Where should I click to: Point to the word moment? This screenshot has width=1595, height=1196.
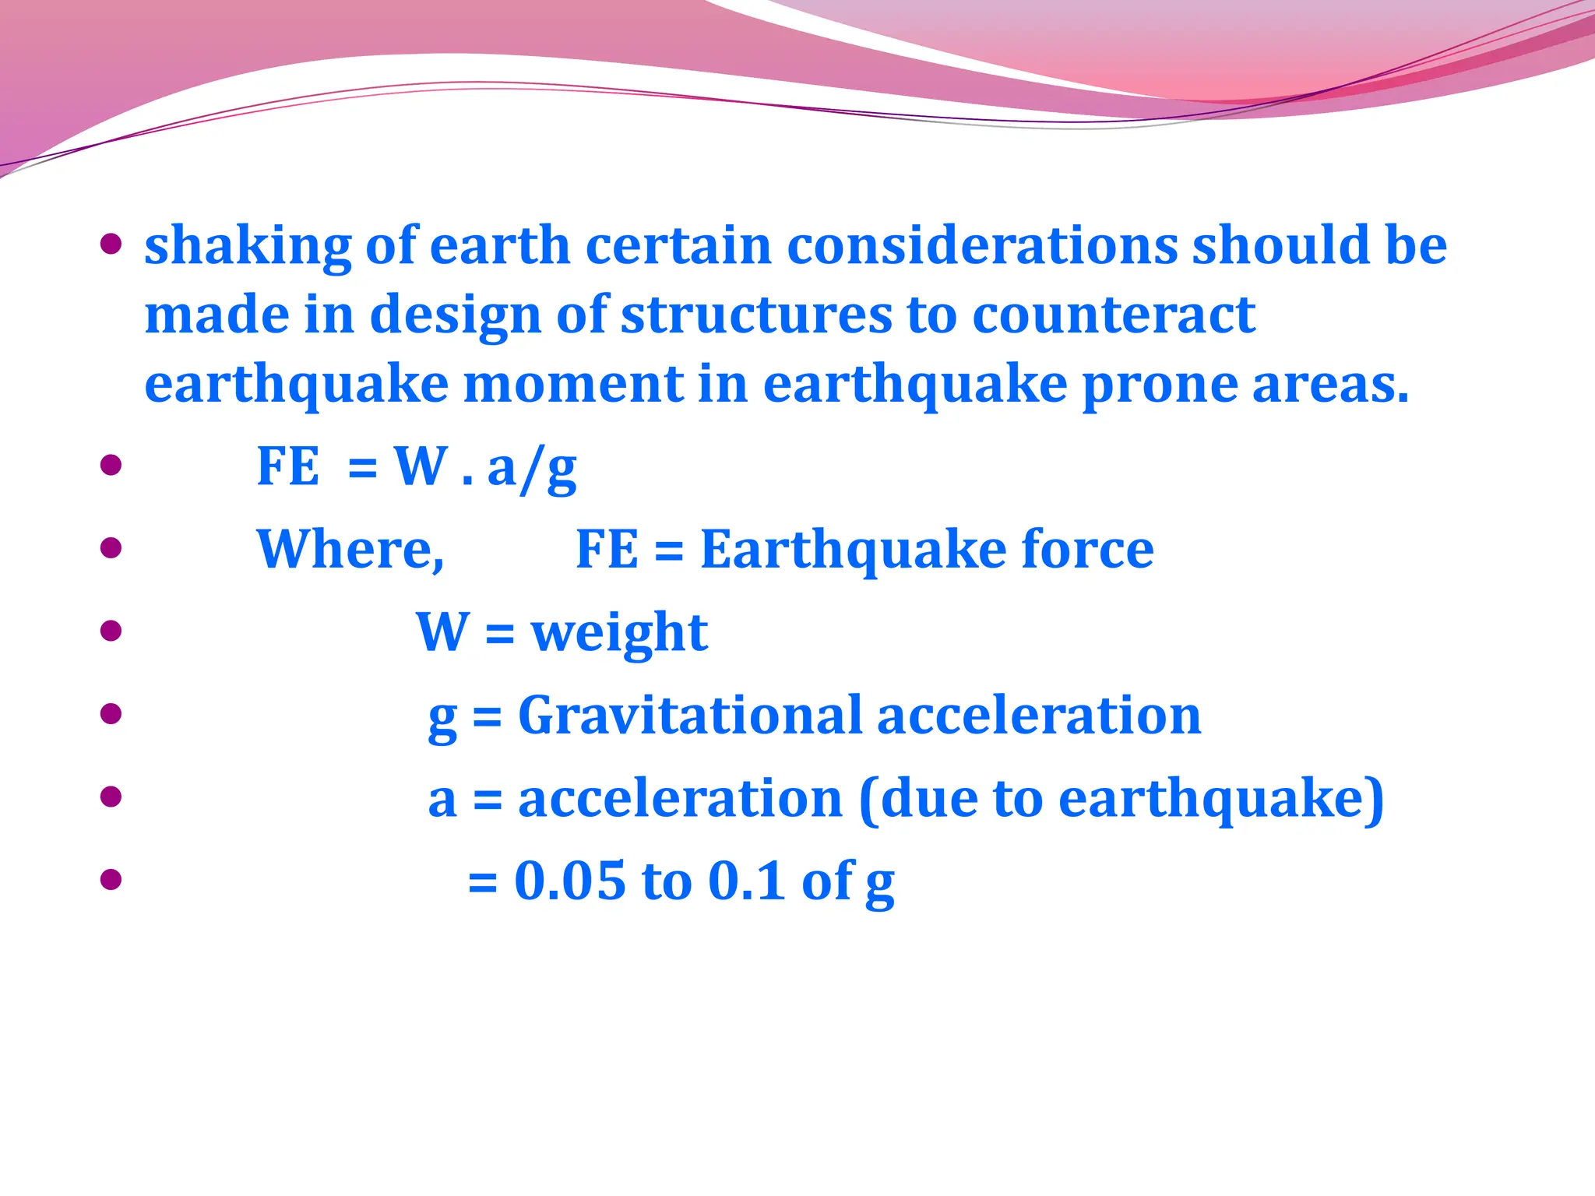coord(573,385)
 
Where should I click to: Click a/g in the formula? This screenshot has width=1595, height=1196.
coord(532,469)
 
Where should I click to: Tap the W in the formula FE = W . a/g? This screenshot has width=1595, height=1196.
coord(421,466)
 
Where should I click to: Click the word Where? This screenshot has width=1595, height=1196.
coord(350,550)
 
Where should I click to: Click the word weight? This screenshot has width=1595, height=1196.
coord(619,633)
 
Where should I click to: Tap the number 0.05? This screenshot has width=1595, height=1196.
coord(570,881)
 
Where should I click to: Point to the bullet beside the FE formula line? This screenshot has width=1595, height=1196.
coord(111,465)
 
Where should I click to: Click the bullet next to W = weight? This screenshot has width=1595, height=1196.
coord(111,630)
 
